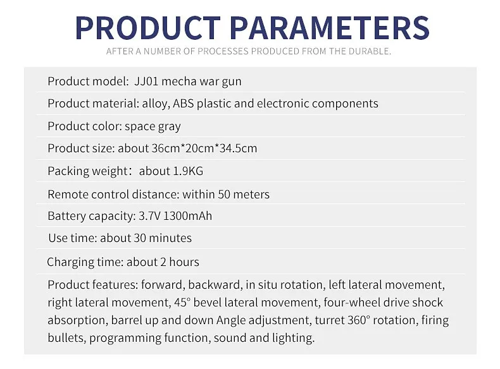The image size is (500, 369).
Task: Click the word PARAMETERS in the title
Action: pos(330,28)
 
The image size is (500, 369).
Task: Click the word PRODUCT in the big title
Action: pos(148,28)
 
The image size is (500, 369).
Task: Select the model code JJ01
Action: pos(146,82)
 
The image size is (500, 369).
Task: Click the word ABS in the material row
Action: pos(184,104)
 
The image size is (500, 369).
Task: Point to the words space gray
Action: pos(153,127)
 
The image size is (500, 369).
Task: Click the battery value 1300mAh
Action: pos(187,216)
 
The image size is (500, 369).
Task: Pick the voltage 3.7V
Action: pos(149,216)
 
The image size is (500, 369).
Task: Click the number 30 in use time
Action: pos(140,238)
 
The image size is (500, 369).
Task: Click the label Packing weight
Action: pos(87,171)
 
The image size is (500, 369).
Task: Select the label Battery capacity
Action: pos(92,216)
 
